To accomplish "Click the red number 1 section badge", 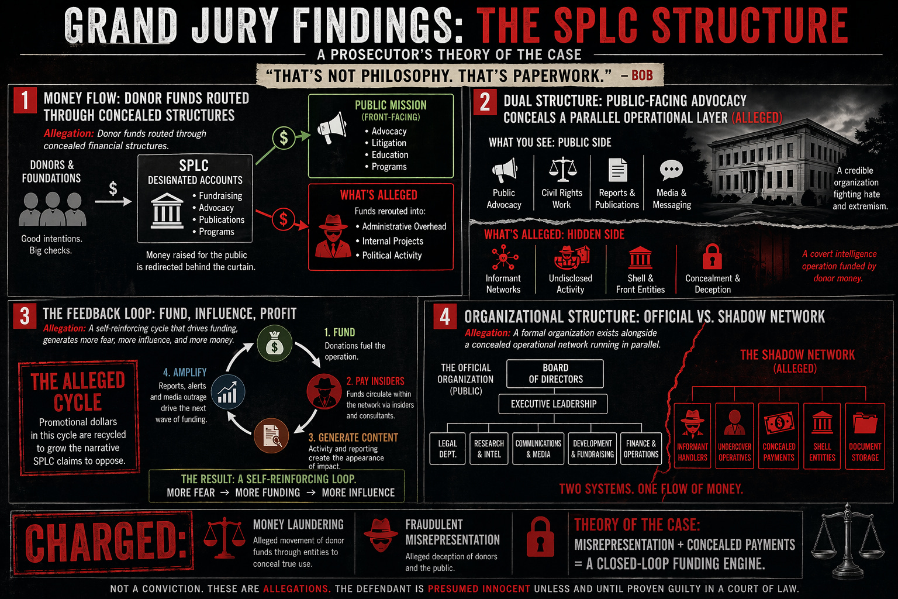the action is click(x=25, y=101).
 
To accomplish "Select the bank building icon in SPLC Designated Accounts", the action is click(x=167, y=210).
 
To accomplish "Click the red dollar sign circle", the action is click(x=284, y=219).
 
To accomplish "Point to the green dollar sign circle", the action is click(x=284, y=138).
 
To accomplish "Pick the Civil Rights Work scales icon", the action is click(x=562, y=170).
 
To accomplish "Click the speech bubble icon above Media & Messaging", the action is click(x=671, y=170).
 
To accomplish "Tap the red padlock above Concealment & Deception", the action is click(x=712, y=256).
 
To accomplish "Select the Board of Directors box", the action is click(x=555, y=373).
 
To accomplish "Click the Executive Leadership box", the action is click(x=553, y=404).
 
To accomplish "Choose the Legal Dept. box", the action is click(x=447, y=449).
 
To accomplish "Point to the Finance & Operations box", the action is click(x=641, y=449).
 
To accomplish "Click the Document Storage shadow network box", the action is click(x=865, y=436).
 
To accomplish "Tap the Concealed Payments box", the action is click(x=779, y=436).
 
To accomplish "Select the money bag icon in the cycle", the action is click(x=274, y=345).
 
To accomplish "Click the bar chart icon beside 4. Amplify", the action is click(x=227, y=392).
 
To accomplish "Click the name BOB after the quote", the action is click(x=642, y=75).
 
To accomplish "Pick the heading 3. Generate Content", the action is click(x=353, y=438).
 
